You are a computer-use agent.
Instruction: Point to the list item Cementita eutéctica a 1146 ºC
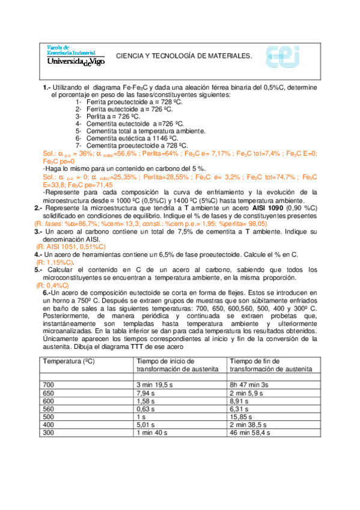click(135, 138)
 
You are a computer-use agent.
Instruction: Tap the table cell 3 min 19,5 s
click(157, 384)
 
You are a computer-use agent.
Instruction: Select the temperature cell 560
click(49, 407)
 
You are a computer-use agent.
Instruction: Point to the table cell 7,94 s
click(147, 392)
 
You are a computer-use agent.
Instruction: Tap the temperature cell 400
click(49, 423)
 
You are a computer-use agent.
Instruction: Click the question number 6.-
click(48, 292)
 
